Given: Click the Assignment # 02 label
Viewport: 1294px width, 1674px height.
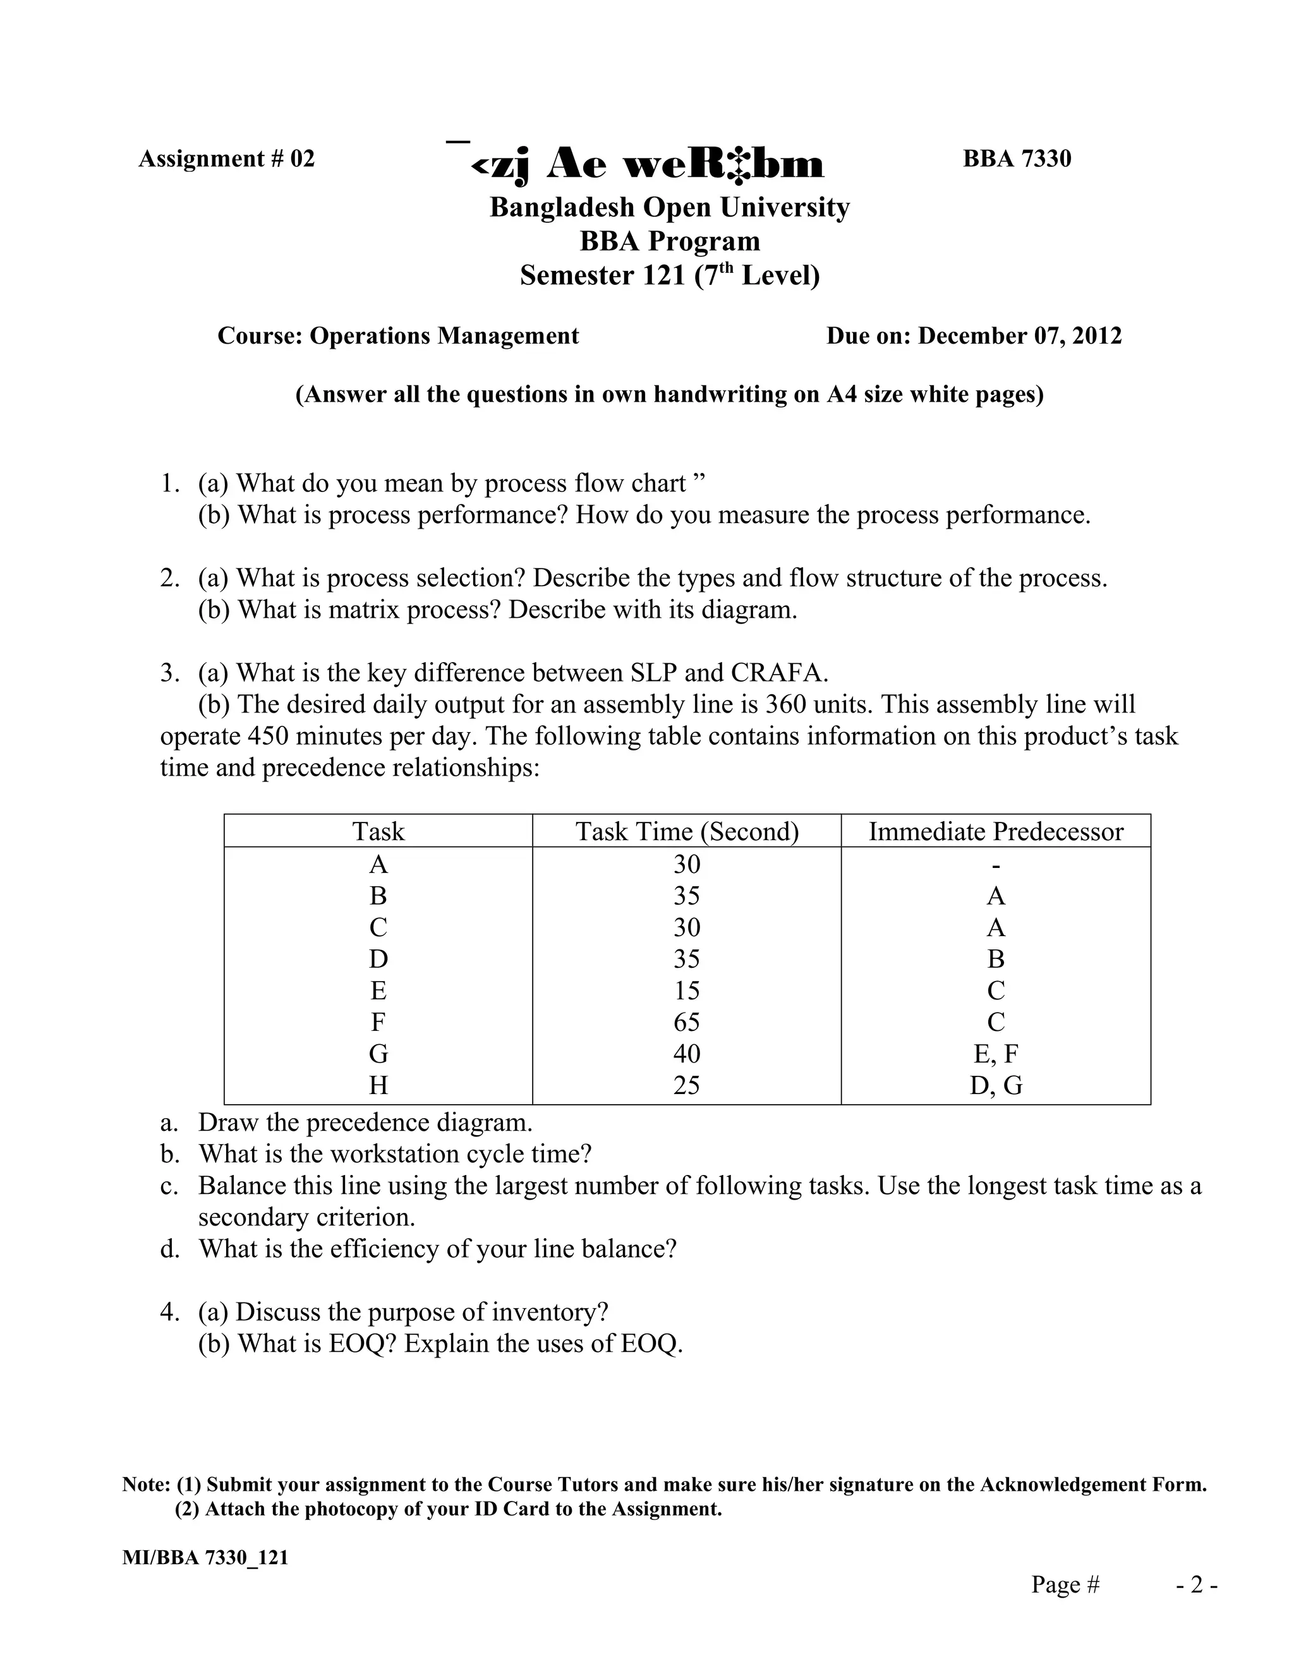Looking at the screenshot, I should point(226,159).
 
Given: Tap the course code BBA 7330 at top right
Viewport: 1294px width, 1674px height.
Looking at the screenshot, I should point(1017,159).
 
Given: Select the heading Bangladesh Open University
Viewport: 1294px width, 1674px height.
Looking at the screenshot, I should point(669,207).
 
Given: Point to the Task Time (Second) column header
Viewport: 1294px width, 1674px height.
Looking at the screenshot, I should point(687,832).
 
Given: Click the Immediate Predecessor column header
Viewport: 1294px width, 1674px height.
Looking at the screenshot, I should point(995,832).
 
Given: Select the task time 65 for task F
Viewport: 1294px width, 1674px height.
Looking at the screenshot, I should point(687,1021).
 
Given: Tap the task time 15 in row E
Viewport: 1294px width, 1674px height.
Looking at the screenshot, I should point(687,991).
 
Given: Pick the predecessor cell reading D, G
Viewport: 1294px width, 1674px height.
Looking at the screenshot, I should point(995,1085).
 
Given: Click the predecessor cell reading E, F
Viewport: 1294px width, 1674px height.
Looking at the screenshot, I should point(995,1054).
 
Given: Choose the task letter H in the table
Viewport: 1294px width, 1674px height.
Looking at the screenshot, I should point(378,1085).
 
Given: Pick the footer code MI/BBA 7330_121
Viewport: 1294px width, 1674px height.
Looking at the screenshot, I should point(205,1558).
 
